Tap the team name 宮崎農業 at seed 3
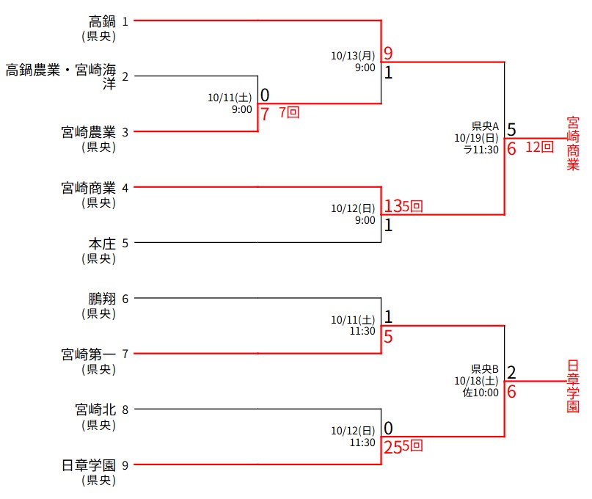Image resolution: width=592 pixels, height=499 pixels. point(89,132)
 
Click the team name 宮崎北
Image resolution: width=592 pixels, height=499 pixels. point(95,409)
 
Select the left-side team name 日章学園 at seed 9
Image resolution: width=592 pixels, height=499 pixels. point(89,465)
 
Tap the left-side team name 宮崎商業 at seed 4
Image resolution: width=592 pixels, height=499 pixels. point(89,187)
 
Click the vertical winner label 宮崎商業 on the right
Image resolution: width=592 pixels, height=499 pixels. point(573,143)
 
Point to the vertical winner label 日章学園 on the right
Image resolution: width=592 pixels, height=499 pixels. point(573,386)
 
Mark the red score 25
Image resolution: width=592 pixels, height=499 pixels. point(392,445)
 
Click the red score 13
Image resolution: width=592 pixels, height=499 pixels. point(392,206)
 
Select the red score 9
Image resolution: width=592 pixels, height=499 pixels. point(388,54)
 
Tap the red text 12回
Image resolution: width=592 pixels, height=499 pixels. point(539,147)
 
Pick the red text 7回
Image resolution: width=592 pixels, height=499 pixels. point(289,112)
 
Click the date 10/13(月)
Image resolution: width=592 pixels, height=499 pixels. point(353,55)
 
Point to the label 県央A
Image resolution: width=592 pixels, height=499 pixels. point(485,125)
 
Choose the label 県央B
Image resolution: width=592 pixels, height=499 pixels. point(485,368)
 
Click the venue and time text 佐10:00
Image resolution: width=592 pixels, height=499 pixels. point(480,393)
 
